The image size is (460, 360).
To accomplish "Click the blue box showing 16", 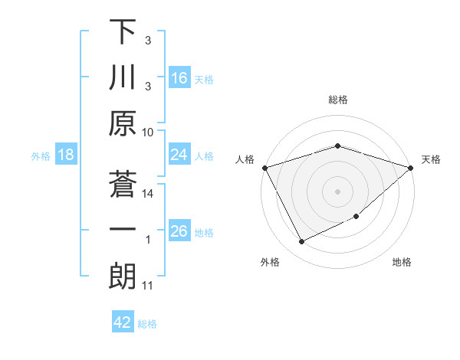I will [179, 77].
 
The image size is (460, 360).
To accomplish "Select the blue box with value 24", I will [179, 155].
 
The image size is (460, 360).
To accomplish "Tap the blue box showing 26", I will [179, 231].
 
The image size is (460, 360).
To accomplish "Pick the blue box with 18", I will [66, 155].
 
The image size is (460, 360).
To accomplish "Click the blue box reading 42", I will [122, 322].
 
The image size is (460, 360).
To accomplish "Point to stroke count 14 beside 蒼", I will [149, 194].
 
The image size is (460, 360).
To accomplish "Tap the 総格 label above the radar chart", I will [337, 100].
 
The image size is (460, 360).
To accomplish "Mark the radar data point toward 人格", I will [264, 167].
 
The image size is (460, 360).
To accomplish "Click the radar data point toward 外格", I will [301, 242].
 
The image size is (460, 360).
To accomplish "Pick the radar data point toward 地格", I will [357, 218].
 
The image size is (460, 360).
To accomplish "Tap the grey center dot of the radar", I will [337, 191].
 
